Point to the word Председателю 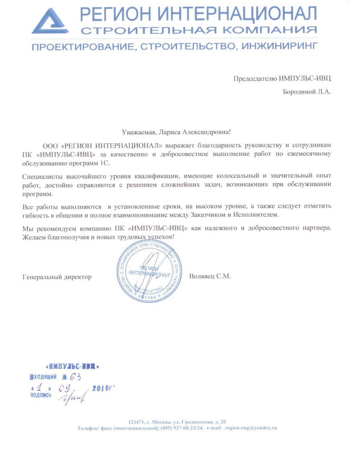tap(253, 79)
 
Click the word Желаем tap(33, 236)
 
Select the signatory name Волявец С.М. tap(210, 276)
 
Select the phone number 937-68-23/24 tap(189, 428)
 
